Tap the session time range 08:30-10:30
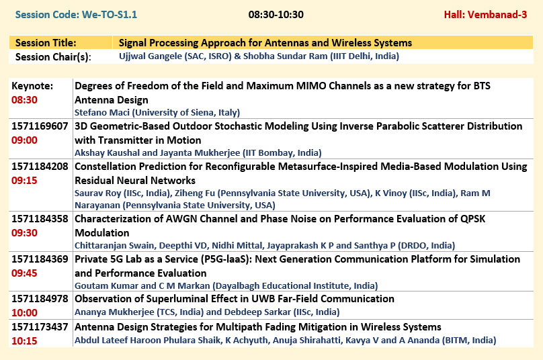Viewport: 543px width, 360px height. click(x=276, y=15)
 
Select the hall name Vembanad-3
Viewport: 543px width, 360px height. click(x=497, y=15)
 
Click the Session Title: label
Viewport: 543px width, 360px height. click(x=46, y=43)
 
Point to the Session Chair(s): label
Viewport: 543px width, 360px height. click(x=53, y=57)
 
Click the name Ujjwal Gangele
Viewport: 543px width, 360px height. click(x=151, y=56)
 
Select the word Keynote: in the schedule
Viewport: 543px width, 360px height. click(x=32, y=86)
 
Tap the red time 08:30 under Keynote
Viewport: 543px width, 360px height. click(x=24, y=100)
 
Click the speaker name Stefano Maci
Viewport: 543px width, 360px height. click(x=102, y=113)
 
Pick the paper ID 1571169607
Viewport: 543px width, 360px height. click(x=40, y=126)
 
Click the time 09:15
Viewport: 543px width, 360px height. click(x=24, y=181)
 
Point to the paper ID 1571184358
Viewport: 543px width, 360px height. click(x=40, y=219)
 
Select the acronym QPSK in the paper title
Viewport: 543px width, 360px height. click(x=472, y=219)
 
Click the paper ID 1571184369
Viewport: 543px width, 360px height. click(x=40, y=259)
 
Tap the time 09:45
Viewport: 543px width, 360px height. click(x=24, y=273)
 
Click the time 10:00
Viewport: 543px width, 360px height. click(x=24, y=312)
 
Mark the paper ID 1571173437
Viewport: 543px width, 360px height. click(x=40, y=327)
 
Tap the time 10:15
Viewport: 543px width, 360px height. click(x=24, y=341)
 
